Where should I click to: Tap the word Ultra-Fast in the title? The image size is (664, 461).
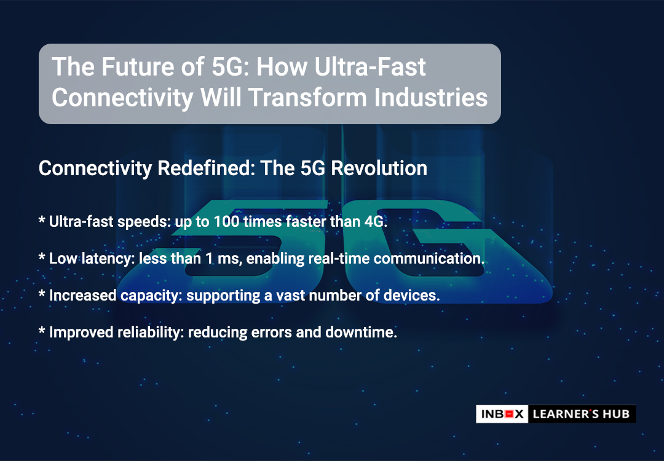click(x=371, y=67)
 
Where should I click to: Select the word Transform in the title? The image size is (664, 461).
click(x=308, y=98)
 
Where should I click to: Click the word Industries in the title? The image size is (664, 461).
click(x=431, y=98)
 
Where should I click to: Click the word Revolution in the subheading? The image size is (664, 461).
click(x=379, y=168)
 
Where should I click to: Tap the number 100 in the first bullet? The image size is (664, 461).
click(x=226, y=221)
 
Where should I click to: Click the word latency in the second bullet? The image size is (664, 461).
click(x=108, y=259)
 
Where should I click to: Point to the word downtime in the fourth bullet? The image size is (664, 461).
click(x=360, y=333)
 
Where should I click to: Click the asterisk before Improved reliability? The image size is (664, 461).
click(x=42, y=330)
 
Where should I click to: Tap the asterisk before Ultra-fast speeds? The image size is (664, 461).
click(x=42, y=219)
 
